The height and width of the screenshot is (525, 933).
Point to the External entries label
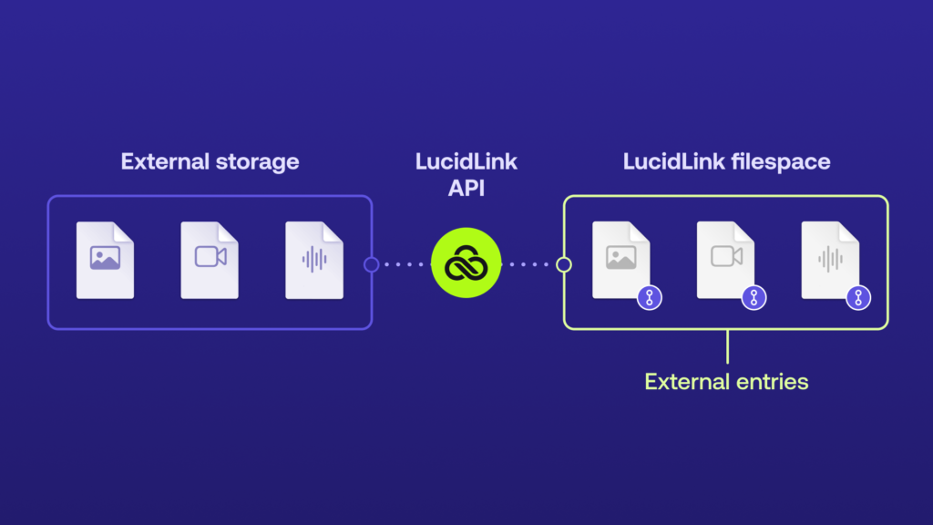click(726, 381)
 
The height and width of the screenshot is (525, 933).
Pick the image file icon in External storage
click(105, 260)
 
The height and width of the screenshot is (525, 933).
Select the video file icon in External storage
click(210, 260)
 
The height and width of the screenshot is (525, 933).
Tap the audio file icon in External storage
click(314, 260)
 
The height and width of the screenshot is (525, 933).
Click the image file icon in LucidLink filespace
click(620, 260)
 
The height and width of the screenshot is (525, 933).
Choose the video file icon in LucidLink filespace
click(725, 260)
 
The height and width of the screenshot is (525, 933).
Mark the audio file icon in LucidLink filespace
click(829, 260)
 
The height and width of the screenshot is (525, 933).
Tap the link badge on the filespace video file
click(754, 297)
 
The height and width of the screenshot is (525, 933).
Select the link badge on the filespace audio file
click(857, 297)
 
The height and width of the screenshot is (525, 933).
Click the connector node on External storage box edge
click(371, 264)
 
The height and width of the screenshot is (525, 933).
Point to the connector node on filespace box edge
click(564, 264)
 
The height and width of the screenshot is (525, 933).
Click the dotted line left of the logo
click(403, 264)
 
